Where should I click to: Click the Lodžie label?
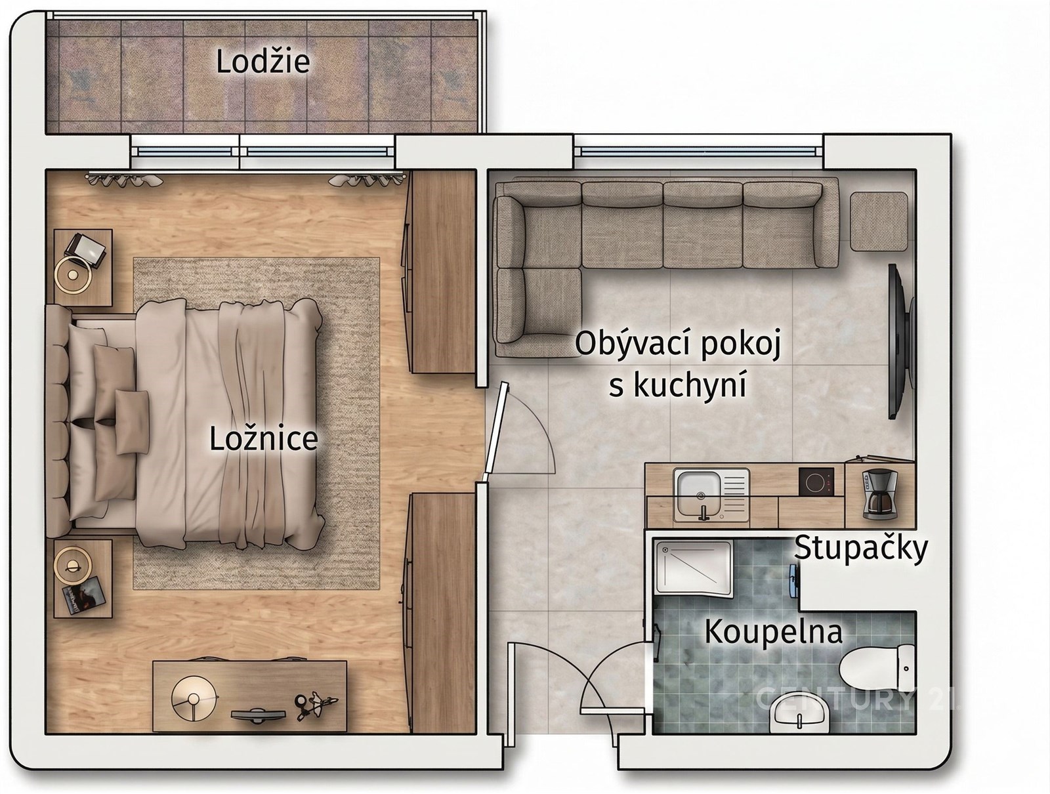[x=262, y=62]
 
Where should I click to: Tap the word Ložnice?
[x=264, y=438]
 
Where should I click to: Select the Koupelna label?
[x=774, y=632]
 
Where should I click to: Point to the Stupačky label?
[x=861, y=549]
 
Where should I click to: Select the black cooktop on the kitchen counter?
[x=816, y=481]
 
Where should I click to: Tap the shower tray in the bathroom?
[x=693, y=569]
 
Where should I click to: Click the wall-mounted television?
[x=901, y=341]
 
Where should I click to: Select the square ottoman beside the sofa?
[x=879, y=221]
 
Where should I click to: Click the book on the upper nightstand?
[x=86, y=249]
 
